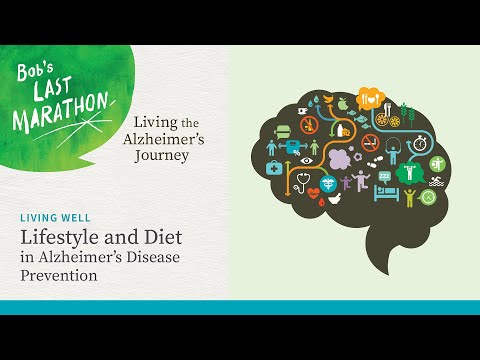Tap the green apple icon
[x=342, y=103]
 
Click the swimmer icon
[x=437, y=182]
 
